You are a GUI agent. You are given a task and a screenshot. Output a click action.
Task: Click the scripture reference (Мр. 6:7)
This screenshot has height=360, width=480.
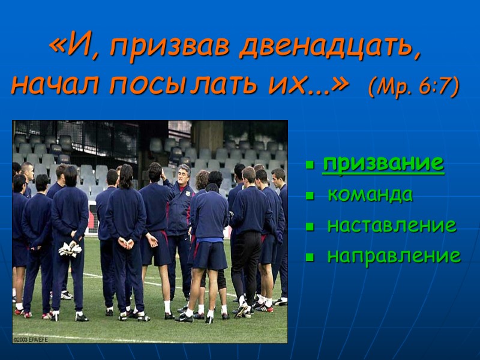tap(414, 86)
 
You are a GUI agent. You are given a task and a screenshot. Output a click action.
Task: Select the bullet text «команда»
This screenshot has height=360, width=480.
tap(370, 194)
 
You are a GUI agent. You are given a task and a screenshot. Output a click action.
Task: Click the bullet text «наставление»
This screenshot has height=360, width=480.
tap(391, 226)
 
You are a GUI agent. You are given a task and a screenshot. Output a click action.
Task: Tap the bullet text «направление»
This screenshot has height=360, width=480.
tap(394, 256)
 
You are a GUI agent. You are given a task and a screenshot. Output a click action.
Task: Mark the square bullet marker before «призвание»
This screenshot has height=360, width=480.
tap(310, 164)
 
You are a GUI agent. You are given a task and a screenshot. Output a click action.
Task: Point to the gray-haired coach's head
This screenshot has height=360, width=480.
tap(183, 174)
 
